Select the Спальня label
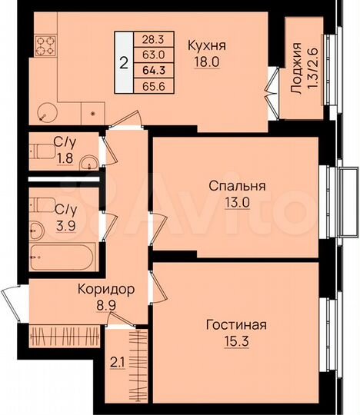click(x=237, y=186)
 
